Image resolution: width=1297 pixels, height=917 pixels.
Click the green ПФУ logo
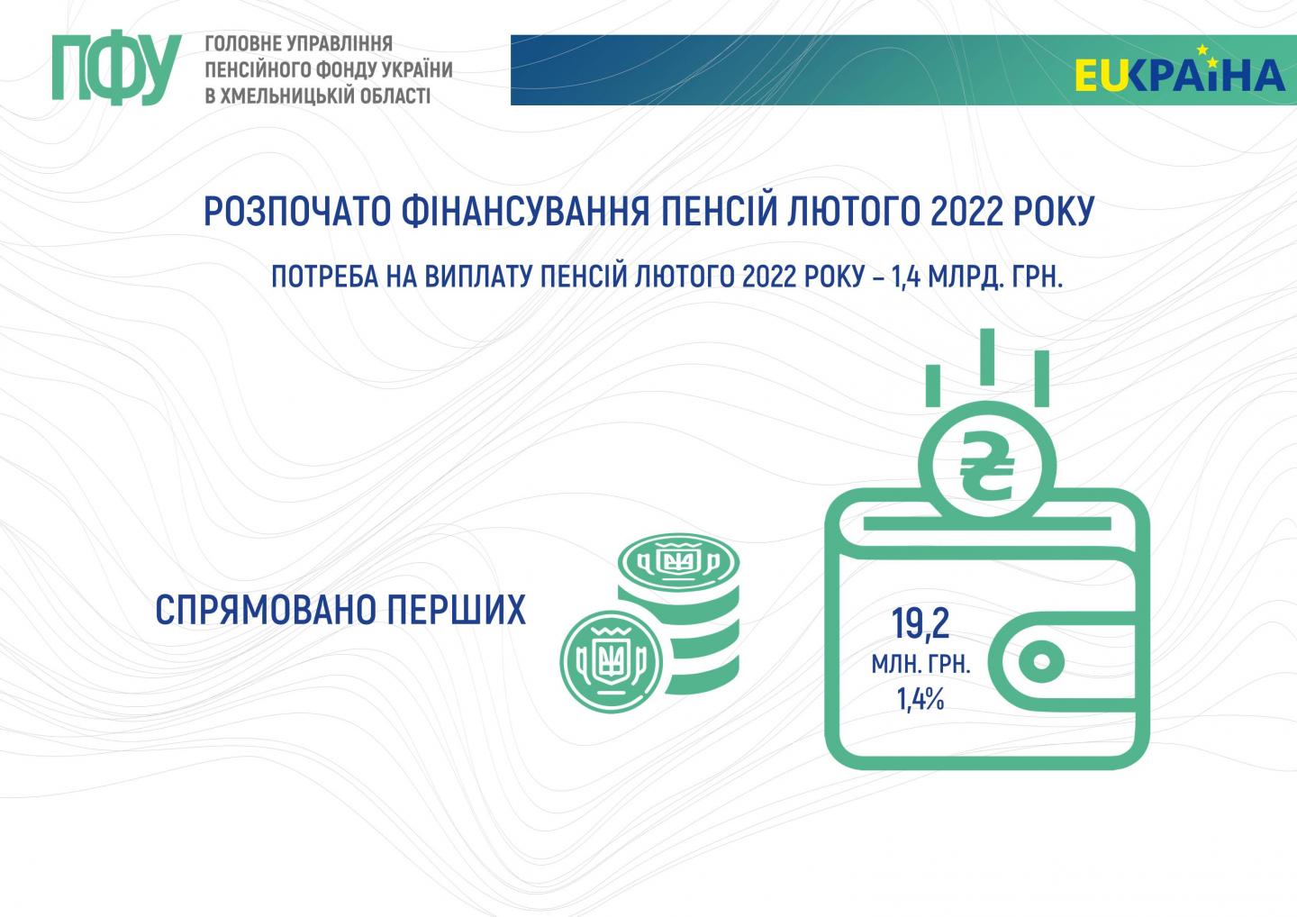point(116,68)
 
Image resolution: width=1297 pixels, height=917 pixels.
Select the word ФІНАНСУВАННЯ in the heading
point(525,212)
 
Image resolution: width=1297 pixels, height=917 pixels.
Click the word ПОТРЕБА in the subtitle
point(325,277)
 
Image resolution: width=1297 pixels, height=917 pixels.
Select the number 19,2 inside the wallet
point(921,624)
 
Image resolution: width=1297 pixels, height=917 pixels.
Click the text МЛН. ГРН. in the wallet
point(921,665)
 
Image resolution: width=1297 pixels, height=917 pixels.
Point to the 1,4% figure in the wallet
point(921,699)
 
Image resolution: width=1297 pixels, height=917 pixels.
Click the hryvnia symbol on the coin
point(986,467)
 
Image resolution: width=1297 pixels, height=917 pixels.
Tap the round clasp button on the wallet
point(1041,662)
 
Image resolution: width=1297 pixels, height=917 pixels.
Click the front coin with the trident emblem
point(612,661)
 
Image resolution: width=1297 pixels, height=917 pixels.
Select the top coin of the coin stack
point(678,562)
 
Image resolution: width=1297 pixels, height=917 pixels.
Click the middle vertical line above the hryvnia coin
point(987,357)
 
